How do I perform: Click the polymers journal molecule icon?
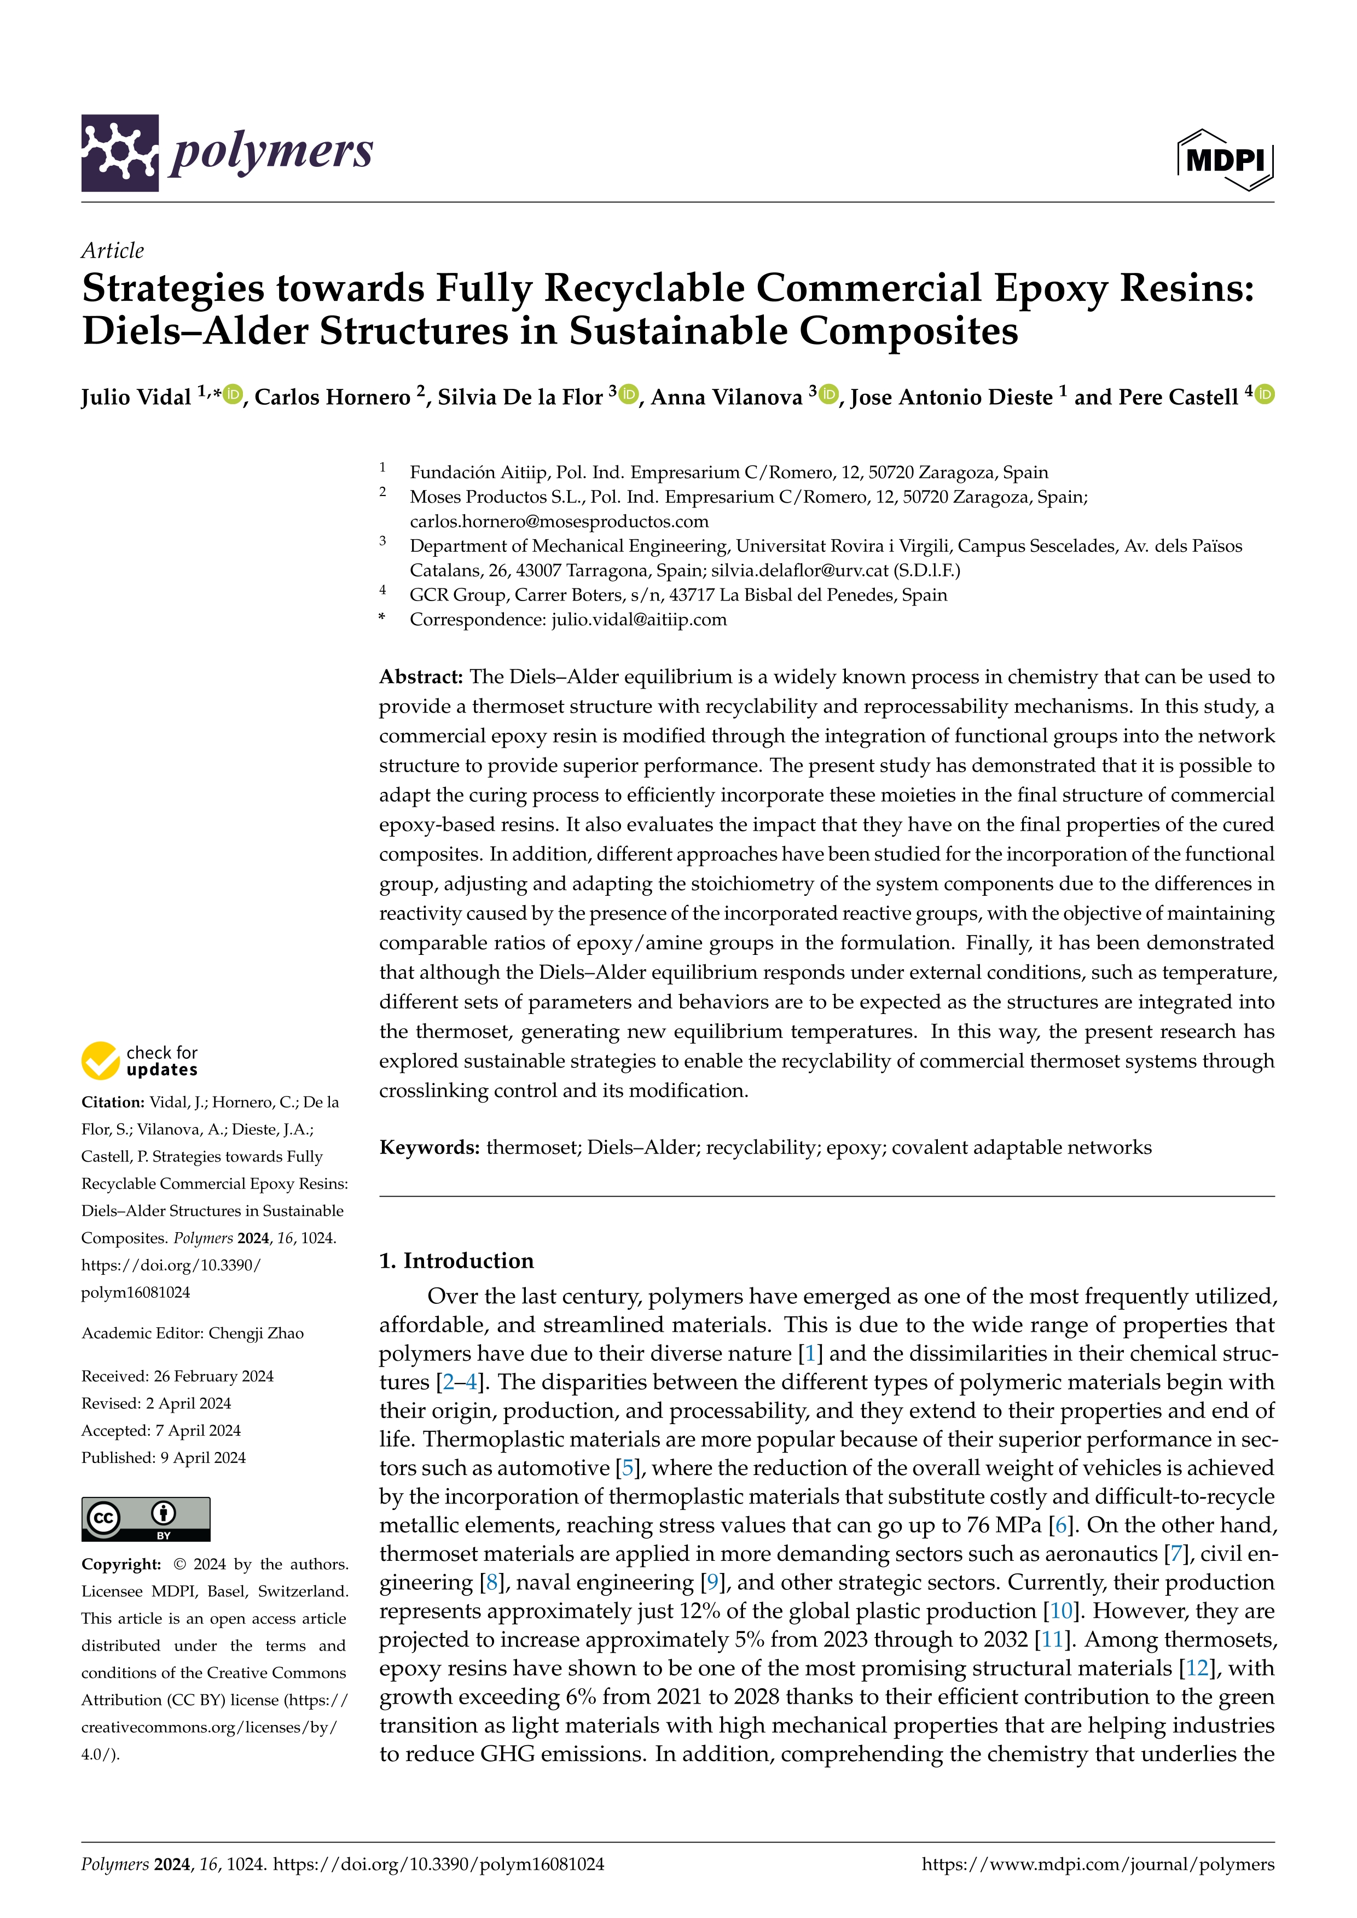coord(119,153)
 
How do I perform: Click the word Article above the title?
coord(112,250)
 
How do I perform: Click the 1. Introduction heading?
coord(456,1261)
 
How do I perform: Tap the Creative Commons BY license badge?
coord(146,1519)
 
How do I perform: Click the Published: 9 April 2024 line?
coord(163,1458)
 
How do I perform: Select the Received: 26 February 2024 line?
coord(177,1376)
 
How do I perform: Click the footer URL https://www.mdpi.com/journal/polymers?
coord(1097,1864)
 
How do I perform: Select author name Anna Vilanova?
coord(726,398)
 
